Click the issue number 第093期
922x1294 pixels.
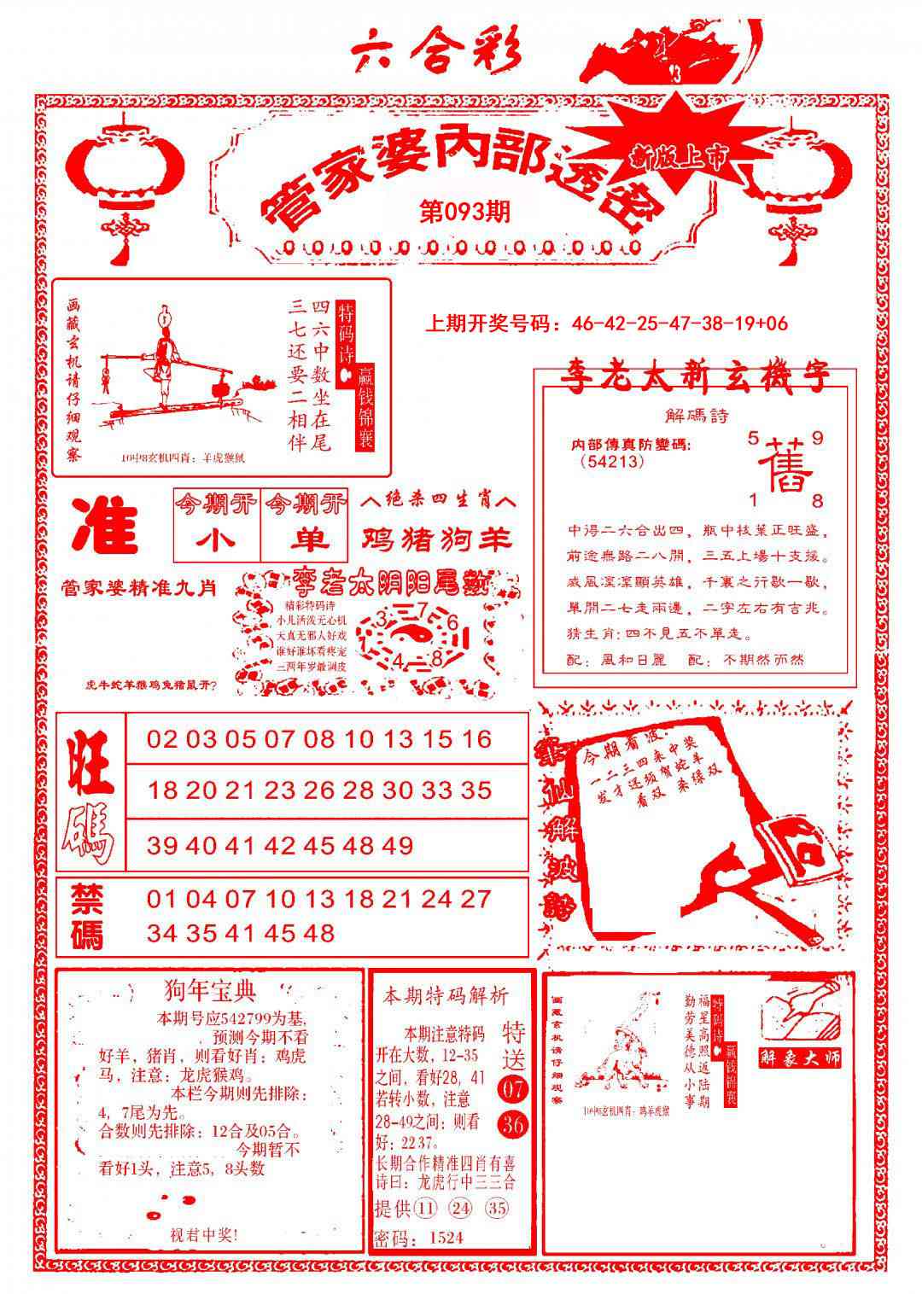pyautogui.click(x=465, y=210)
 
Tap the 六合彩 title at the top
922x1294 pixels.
pyautogui.click(x=436, y=54)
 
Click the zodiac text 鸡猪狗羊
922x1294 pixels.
pyautogui.click(x=437, y=539)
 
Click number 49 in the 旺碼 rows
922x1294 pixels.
pyautogui.click(x=399, y=845)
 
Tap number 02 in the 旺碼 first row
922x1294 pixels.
pyautogui.click(x=162, y=739)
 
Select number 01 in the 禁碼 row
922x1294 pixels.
pyautogui.click(x=162, y=899)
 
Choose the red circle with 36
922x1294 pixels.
pyautogui.click(x=513, y=1125)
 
